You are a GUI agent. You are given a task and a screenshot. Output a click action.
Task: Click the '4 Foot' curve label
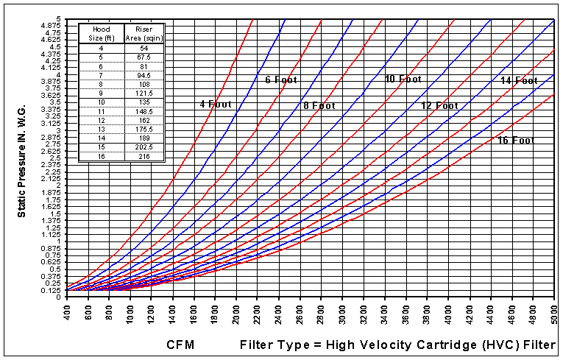216,105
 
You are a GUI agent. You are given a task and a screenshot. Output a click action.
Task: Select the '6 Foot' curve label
280,80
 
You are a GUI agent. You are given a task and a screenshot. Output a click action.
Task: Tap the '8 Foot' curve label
319,106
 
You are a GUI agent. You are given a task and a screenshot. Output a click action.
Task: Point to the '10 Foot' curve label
403,79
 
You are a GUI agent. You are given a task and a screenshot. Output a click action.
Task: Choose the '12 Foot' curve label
439,106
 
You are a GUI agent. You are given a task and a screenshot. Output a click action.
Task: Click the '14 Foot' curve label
519,80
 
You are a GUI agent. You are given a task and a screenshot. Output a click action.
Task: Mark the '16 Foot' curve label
516,141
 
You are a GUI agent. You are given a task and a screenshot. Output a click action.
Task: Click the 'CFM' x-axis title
181,345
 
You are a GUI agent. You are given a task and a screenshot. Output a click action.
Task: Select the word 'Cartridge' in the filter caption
425,345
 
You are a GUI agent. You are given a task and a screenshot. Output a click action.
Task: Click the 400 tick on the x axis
67,313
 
